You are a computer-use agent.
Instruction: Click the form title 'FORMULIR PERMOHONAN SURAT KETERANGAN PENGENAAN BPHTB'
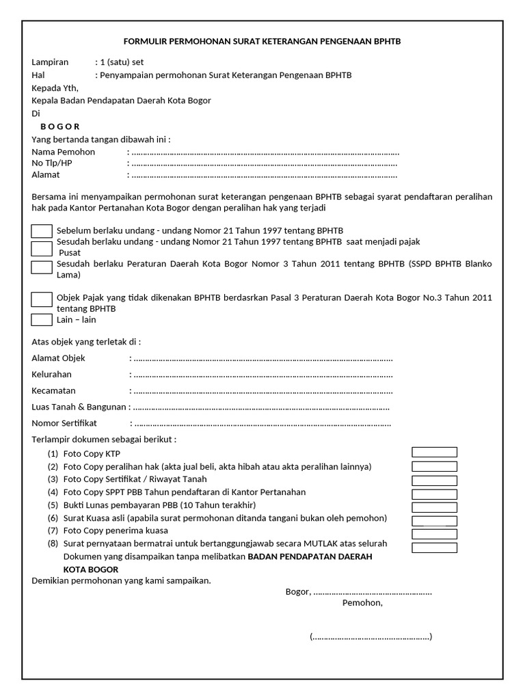pyautogui.click(x=262, y=42)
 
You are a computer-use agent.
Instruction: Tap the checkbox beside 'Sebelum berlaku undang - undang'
pyautogui.click(x=42, y=232)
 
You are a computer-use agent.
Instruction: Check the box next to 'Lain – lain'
pyautogui.click(x=42, y=319)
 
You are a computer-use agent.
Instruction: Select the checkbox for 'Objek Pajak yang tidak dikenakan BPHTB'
pyautogui.click(x=42, y=299)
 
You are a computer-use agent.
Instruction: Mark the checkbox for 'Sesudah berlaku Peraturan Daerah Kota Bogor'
pyautogui.click(x=42, y=267)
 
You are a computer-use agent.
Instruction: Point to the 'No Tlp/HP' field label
pyautogui.click(x=51, y=164)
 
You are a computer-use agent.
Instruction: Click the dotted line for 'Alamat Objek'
pyautogui.click(x=263, y=358)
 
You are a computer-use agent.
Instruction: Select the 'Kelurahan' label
pyautogui.click(x=52, y=375)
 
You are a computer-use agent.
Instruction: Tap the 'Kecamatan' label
pyautogui.click(x=53, y=391)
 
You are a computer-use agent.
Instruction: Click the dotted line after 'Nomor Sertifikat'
pyautogui.click(x=262, y=424)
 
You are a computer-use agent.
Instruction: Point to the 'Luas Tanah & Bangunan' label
pyautogui.click(x=79, y=407)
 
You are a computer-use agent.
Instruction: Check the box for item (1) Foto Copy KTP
pyautogui.click(x=434, y=452)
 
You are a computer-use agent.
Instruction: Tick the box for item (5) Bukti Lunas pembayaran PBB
pyautogui.click(x=434, y=507)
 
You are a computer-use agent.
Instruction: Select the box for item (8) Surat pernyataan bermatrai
pyautogui.click(x=434, y=548)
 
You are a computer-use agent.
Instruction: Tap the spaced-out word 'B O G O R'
pyautogui.click(x=59, y=126)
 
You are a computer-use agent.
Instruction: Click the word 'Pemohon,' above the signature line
pyautogui.click(x=362, y=604)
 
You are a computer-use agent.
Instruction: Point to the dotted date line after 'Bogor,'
pyautogui.click(x=373, y=592)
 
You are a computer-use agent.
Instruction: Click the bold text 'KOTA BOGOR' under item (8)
pyautogui.click(x=91, y=569)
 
